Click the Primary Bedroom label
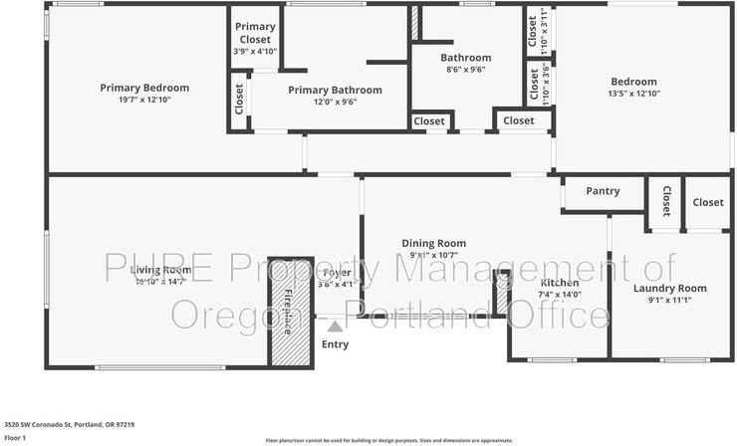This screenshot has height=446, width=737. (144, 88)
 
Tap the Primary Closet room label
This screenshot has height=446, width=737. (255, 33)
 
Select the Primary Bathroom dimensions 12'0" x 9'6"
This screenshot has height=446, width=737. (322, 102)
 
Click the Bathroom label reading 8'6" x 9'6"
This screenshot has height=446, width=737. (465, 70)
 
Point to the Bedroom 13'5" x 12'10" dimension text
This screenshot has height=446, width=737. (633, 94)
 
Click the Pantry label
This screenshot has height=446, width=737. (603, 191)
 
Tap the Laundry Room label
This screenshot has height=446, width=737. (669, 289)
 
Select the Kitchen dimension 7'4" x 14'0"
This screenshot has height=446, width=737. (559, 294)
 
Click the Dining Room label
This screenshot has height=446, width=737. (433, 243)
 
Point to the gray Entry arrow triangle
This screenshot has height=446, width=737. (336, 325)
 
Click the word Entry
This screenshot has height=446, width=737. (336, 344)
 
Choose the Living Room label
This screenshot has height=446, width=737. (159, 270)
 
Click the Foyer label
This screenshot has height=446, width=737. (336, 271)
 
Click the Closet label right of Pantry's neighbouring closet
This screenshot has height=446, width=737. (707, 202)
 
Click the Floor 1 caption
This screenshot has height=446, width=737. (15, 437)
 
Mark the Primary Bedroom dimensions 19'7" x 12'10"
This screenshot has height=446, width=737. (144, 100)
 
